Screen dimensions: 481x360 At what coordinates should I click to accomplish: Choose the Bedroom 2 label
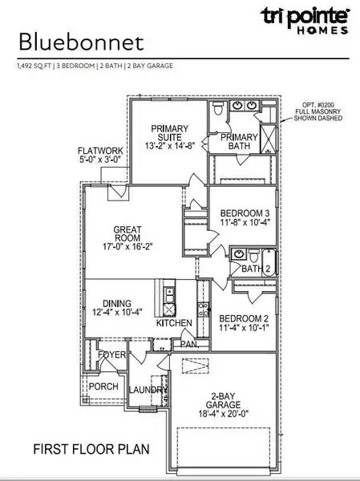click(245, 317)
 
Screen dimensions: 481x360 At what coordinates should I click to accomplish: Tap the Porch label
click(103, 386)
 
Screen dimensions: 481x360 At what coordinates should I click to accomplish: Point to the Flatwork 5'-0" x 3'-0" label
click(99, 156)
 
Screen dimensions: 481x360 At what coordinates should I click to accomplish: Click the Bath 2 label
click(255, 269)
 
